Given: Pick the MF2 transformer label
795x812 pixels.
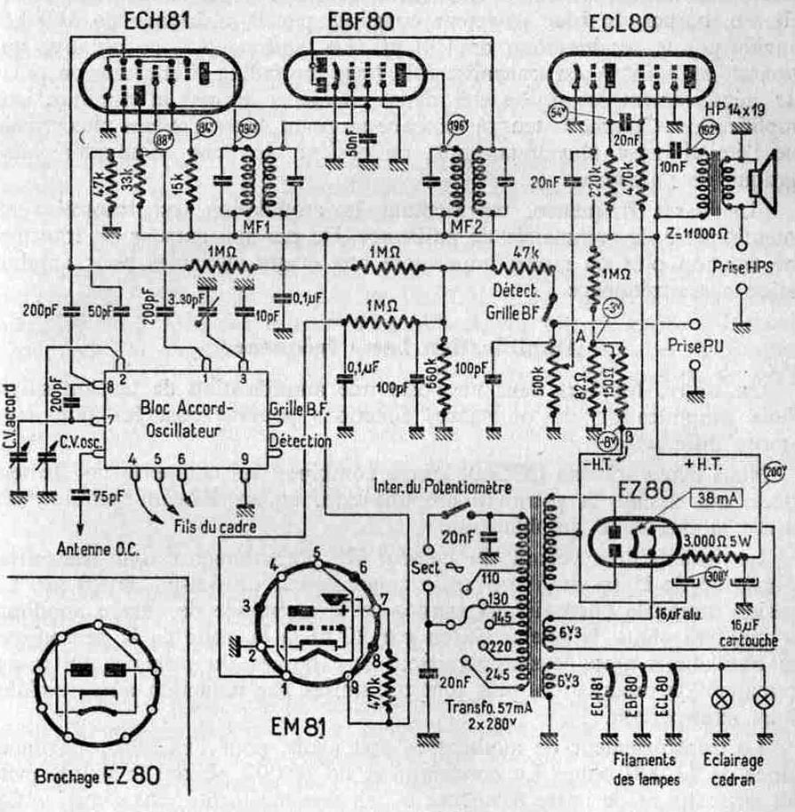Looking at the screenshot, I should coord(471,222).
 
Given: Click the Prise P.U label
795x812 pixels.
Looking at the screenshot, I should coord(703,342).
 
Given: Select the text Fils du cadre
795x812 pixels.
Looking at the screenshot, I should coord(217,526).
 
